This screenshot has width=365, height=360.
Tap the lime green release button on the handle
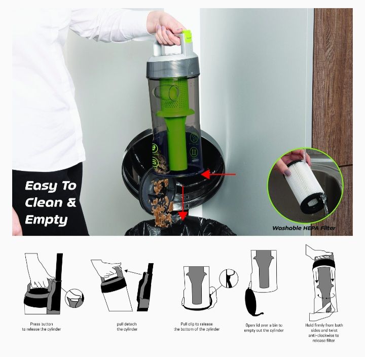tap(187, 39)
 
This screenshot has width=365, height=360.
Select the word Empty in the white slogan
tap(46, 220)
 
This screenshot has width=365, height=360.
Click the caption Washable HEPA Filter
tap(304, 228)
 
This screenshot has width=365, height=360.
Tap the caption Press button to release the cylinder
tap(42, 327)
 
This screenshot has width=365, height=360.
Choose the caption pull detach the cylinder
tap(127, 327)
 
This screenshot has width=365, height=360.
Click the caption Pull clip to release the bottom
tap(197, 327)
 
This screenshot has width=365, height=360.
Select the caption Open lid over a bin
tap(264, 328)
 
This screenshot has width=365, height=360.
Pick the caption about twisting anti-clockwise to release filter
tap(324, 333)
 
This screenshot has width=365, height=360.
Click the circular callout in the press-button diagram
tap(75, 299)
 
